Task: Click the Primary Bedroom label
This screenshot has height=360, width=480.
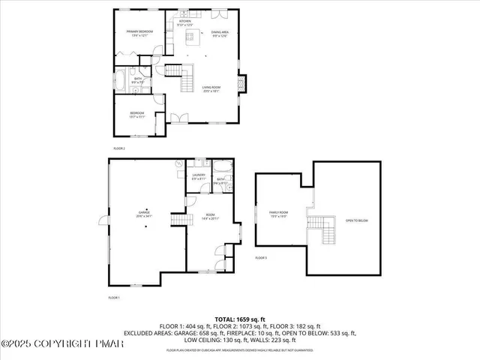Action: pos(140,33)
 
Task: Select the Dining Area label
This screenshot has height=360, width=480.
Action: pos(220,34)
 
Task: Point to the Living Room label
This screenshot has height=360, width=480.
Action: pos(211,89)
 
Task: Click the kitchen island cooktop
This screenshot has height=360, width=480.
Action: pos(191,37)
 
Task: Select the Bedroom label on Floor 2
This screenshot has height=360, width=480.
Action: pos(136,115)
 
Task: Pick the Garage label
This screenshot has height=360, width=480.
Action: pos(144,214)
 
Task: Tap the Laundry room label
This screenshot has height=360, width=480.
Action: pos(198,177)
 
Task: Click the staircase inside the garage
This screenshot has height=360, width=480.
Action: pos(178,218)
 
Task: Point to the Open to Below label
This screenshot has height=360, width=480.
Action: pos(356,220)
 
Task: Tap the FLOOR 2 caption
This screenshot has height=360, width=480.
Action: pos(118,149)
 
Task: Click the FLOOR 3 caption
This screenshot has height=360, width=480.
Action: pos(260,258)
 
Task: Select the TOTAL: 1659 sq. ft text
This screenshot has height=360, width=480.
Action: pos(240,319)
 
